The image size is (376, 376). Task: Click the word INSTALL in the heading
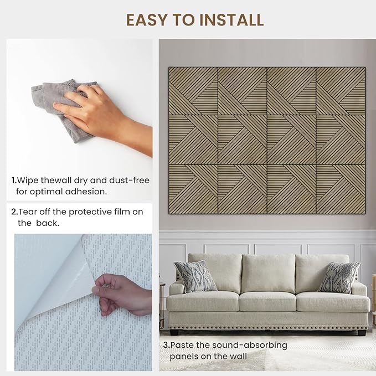(231, 20)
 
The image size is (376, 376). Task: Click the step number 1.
(14, 181)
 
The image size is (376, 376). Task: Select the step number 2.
(14, 212)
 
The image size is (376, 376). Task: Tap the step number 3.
(167, 346)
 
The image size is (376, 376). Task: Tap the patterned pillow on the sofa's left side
(195, 276)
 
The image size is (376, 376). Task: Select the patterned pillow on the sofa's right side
(338, 277)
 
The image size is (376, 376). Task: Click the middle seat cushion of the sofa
(267, 302)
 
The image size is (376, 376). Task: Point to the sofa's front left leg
(174, 332)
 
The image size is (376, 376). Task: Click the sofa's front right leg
(362, 333)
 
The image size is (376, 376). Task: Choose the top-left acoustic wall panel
(193, 91)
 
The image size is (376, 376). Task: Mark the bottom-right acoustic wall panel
(341, 189)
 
